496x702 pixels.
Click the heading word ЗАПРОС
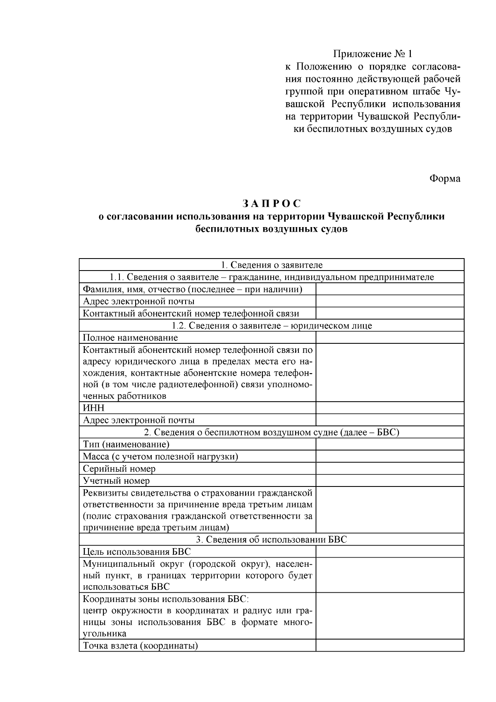[272, 204]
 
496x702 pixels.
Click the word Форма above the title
[445, 179]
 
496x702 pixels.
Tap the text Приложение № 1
[373, 54]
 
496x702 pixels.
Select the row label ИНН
[94, 408]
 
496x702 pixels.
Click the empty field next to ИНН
[390, 408]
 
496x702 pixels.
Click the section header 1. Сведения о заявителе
[272, 265]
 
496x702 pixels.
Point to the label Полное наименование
[130, 338]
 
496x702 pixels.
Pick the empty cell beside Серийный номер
[390, 469]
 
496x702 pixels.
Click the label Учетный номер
[116, 481]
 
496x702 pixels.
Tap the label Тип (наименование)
[126, 444]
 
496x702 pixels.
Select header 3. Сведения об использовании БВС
[272, 539]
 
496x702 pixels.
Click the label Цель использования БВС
[137, 552]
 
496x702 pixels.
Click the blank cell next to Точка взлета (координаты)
[390, 645]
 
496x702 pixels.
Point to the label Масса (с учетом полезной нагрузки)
[160, 457]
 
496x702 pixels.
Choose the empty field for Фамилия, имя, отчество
[390, 289]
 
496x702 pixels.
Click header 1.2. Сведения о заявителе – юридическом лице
[272, 326]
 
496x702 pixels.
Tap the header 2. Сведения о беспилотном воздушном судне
[272, 432]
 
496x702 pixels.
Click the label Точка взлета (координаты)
[140, 645]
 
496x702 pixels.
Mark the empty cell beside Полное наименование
[390, 338]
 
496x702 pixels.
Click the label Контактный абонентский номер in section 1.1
[191, 314]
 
